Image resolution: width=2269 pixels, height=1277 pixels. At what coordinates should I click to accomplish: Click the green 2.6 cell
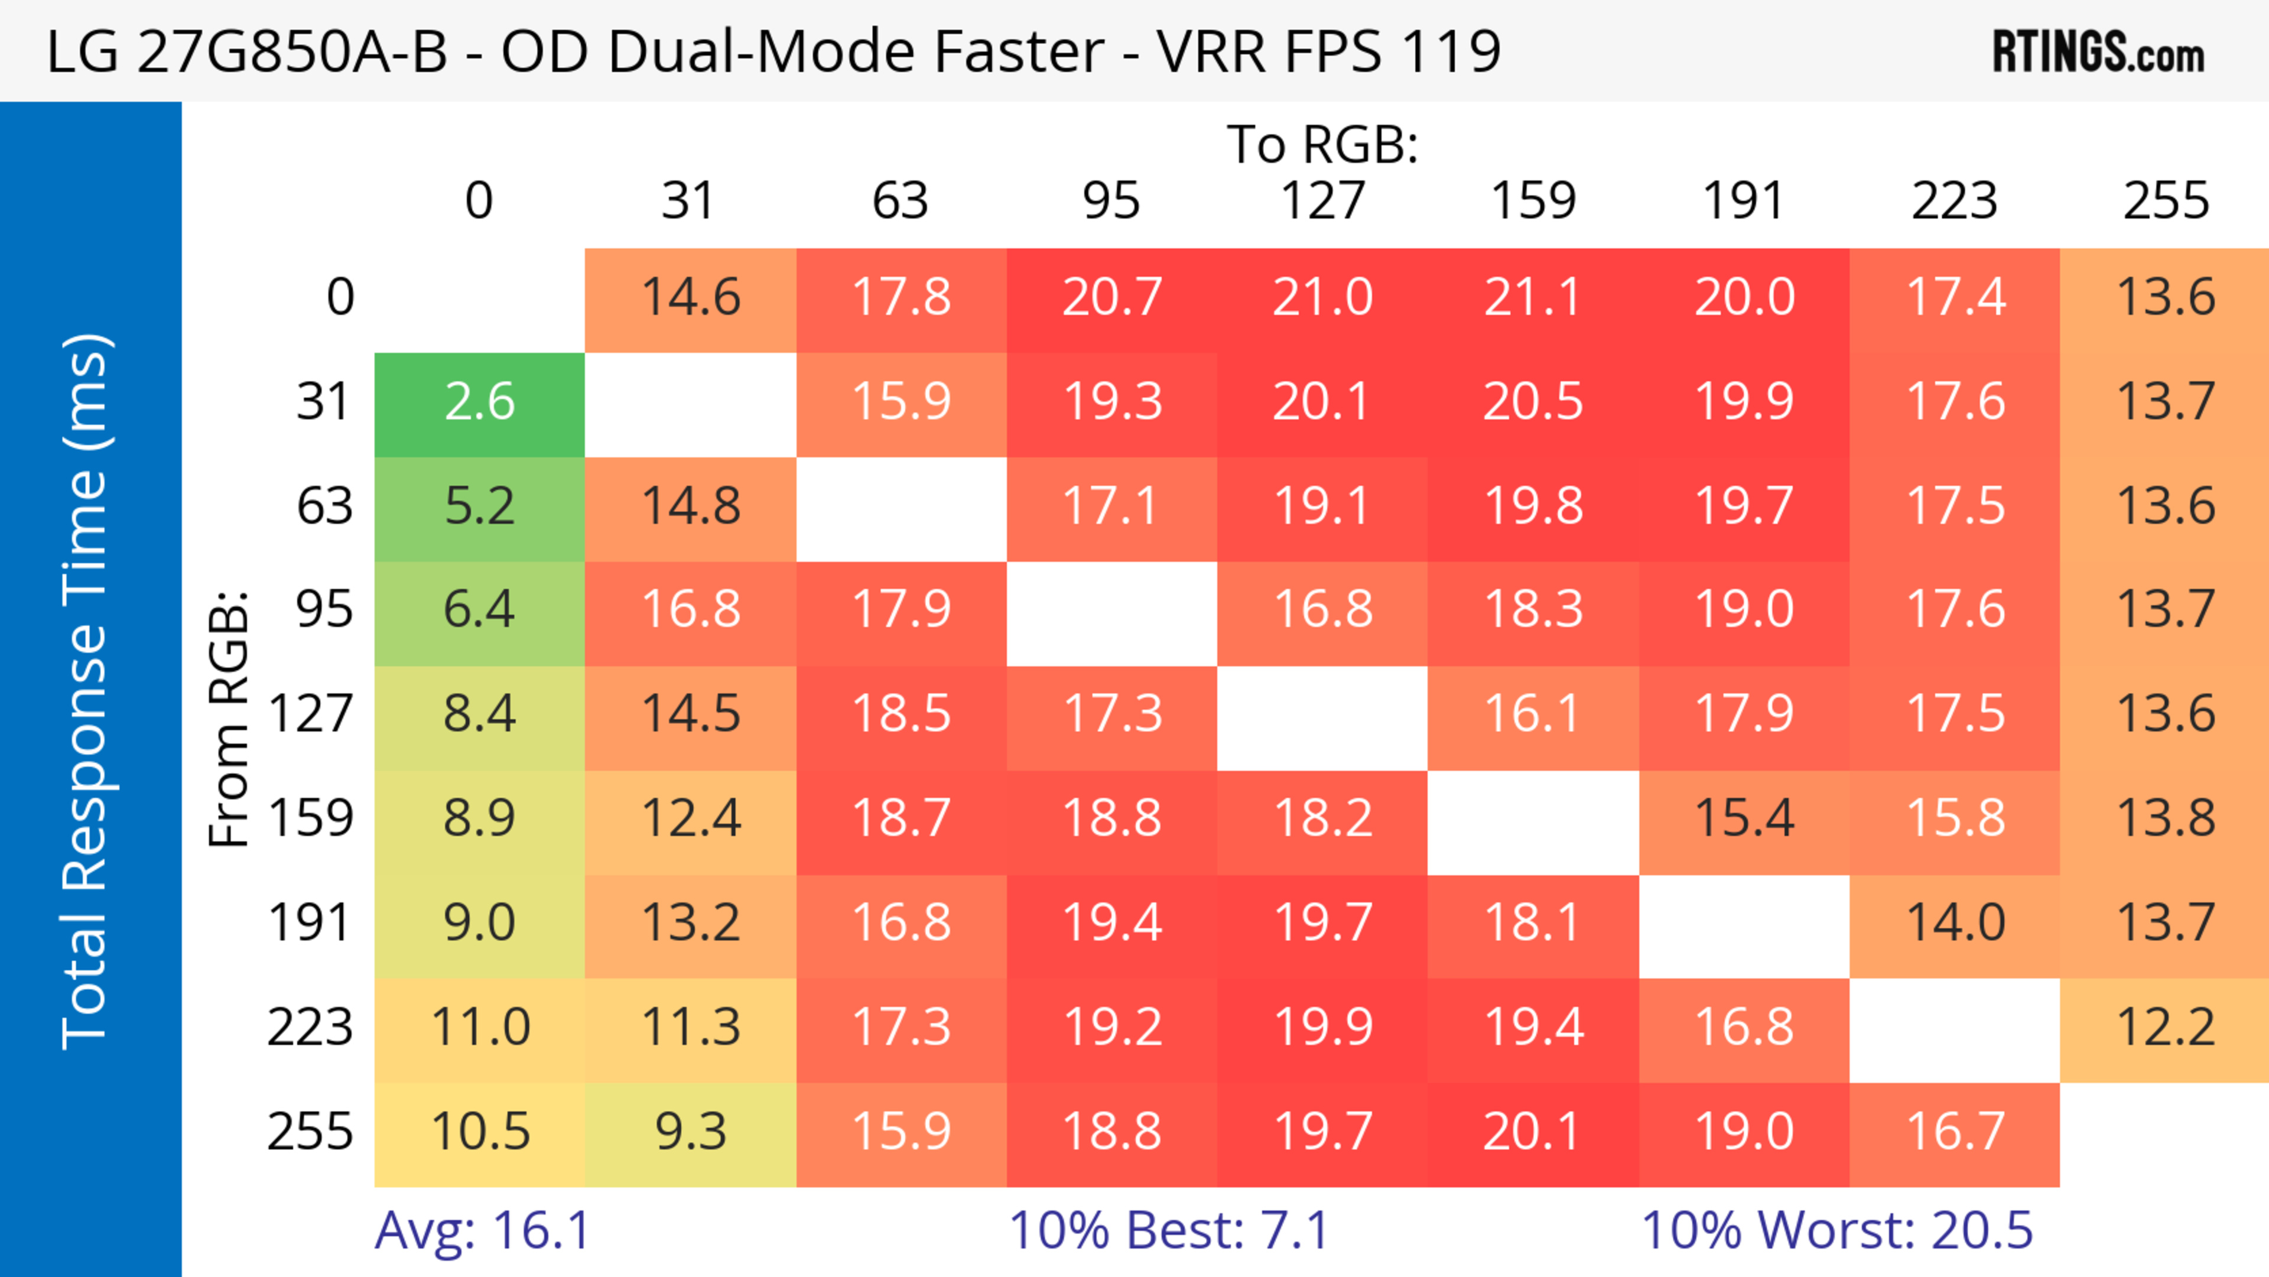[x=479, y=404]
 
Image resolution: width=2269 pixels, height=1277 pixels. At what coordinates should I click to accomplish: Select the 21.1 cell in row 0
[x=1533, y=298]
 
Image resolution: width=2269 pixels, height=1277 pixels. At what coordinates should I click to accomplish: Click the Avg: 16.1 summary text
[x=482, y=1230]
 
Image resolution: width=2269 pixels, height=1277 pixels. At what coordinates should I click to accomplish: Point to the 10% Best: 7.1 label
[x=1168, y=1230]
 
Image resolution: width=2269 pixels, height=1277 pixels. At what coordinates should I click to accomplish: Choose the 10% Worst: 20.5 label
[x=1836, y=1230]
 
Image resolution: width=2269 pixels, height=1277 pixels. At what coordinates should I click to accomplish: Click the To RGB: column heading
[x=1322, y=144]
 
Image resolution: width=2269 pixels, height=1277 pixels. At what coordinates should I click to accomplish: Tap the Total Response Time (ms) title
[x=86, y=691]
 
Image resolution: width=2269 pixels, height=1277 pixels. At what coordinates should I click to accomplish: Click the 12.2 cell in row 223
[x=2165, y=1028]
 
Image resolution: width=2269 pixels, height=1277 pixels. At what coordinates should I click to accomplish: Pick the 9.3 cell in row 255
[x=691, y=1133]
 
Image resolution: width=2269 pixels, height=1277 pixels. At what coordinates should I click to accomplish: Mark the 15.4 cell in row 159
[x=1744, y=819]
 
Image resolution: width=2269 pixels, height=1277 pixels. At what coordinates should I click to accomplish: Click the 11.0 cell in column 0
[x=479, y=1028]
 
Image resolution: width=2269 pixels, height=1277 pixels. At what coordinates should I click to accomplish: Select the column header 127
[x=1322, y=201]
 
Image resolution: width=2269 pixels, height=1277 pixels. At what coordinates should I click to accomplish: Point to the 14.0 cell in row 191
[x=1955, y=924]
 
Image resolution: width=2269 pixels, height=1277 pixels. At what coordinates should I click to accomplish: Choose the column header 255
[x=2165, y=201]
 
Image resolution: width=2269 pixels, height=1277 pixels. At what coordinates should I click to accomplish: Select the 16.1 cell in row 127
[x=1533, y=714]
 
